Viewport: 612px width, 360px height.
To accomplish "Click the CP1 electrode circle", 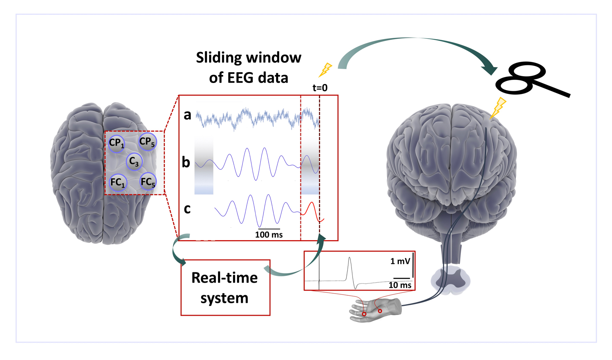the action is pos(116,143).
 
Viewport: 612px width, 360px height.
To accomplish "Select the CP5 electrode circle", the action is pos(147,142).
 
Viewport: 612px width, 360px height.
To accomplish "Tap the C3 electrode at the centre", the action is pos(134,162).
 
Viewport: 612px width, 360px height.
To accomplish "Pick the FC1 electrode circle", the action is pos(118,183).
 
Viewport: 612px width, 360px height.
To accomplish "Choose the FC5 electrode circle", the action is pos(148,182).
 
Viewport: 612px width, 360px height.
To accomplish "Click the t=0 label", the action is pos(320,88).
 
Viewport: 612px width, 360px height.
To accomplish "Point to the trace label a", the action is pos(187,115).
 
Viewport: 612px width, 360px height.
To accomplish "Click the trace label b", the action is pos(186,162).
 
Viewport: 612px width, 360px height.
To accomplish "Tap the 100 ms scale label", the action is pos(269,235).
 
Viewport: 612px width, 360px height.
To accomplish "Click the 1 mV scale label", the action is pos(400,261).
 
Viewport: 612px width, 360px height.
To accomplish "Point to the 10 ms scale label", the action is pos(400,285).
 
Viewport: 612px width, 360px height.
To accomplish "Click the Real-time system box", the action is pos(225,288).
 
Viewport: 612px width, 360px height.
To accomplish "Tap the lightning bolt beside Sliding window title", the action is pos(325,70).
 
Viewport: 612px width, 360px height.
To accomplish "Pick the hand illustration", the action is pos(376,310).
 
